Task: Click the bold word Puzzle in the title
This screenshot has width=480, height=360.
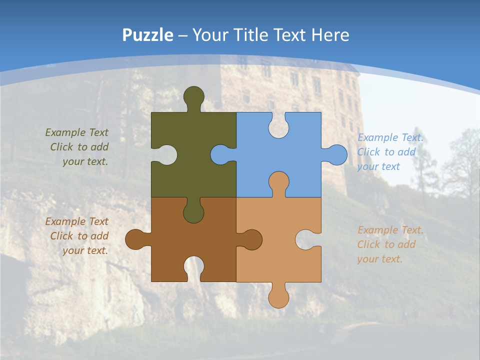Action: coord(148,35)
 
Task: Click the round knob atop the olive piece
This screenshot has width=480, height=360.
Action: coord(194,96)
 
